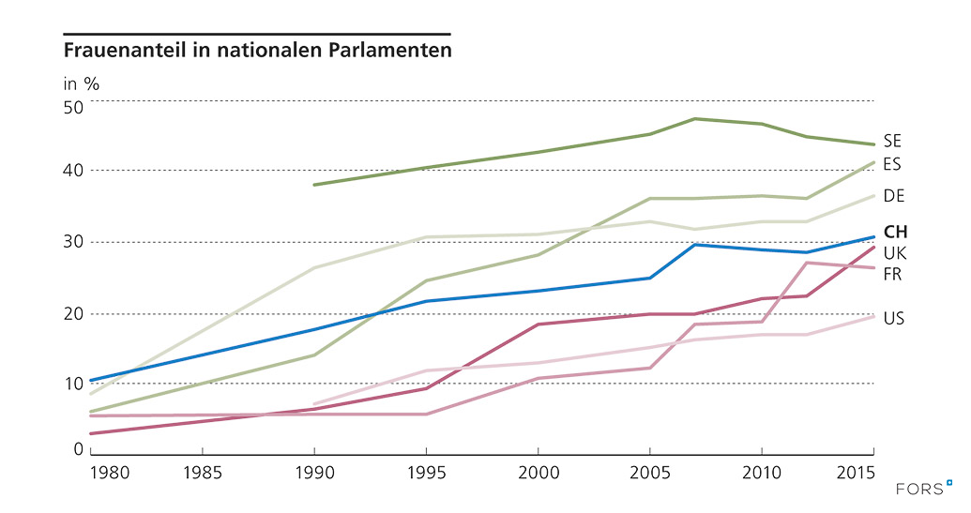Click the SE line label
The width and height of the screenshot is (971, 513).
[x=892, y=142]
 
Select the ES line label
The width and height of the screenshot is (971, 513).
[x=892, y=164]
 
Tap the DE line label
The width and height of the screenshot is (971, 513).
[x=893, y=195]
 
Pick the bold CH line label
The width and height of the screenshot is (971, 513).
[x=896, y=232]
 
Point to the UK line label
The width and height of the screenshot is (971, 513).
[x=894, y=252]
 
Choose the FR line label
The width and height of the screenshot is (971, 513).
[x=892, y=273]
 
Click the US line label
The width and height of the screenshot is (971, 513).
[x=893, y=319]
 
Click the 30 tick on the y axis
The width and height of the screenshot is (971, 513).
[x=73, y=242]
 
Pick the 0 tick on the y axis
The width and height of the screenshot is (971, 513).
[x=79, y=449]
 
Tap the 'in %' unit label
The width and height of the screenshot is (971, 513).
[x=81, y=83]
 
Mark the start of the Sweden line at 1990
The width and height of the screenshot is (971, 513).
[x=314, y=185]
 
